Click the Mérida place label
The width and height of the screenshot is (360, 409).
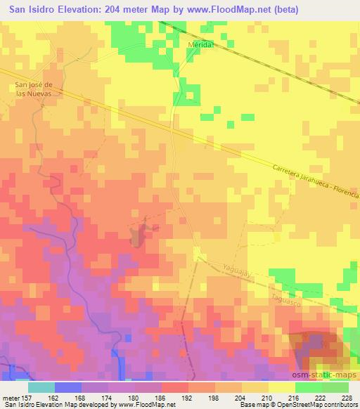(200, 44)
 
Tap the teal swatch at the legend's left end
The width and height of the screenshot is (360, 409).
(41, 387)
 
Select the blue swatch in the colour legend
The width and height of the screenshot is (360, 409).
(68, 387)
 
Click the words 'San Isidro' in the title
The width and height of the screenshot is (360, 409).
(32, 10)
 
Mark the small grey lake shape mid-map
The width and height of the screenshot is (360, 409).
(138, 235)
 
